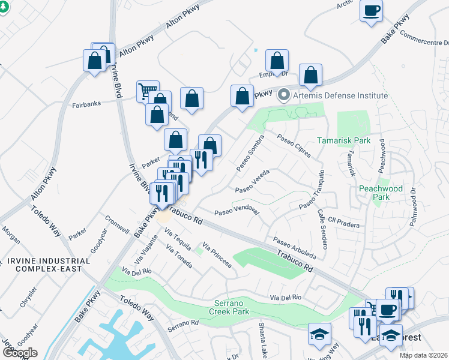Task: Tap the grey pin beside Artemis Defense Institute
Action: pos(284,95)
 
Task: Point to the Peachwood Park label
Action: pos(381,193)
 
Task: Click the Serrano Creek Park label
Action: pos(229,307)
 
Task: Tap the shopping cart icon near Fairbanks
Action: pos(148,91)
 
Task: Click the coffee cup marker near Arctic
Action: pos(372,11)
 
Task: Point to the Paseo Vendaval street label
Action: pos(237,212)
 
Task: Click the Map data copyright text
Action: pos(423,355)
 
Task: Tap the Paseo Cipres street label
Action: pos(294,146)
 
